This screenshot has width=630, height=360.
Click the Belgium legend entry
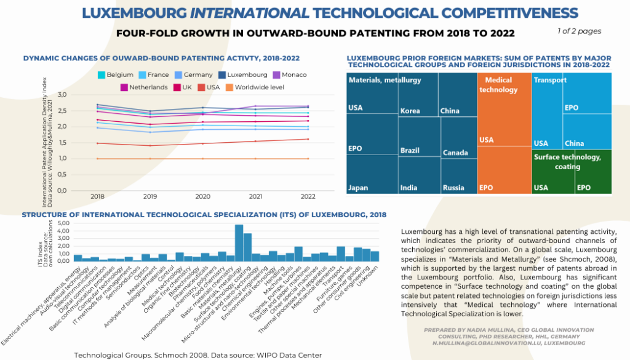[x=115, y=75]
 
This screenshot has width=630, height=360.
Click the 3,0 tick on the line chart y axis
[x=78, y=95]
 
